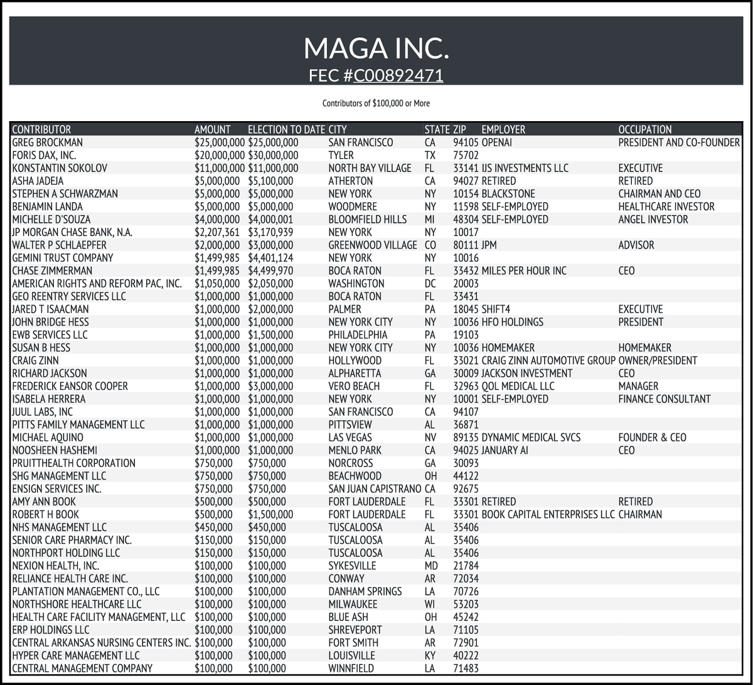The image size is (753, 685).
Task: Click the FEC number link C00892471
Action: pyautogui.click(x=398, y=76)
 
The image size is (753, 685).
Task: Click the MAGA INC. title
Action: pyautogui.click(x=376, y=48)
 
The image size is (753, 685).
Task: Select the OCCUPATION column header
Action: pyautogui.click(x=644, y=130)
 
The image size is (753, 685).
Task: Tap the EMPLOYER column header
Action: pyautogui.click(x=503, y=130)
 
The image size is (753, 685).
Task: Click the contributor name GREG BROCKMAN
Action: pyautogui.click(x=47, y=143)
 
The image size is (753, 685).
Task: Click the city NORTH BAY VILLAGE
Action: pyautogui.click(x=370, y=168)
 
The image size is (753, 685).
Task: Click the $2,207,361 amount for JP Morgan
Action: pyautogui.click(x=217, y=232)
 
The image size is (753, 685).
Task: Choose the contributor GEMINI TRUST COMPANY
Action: pyautogui.click(x=63, y=258)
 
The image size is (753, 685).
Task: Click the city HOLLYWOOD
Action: pyautogui.click(x=355, y=360)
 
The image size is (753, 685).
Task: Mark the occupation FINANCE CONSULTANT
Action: pyautogui.click(x=664, y=399)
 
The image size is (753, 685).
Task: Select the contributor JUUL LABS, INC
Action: pyautogui.click(x=43, y=412)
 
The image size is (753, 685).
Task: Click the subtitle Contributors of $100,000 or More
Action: pyautogui.click(x=376, y=103)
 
